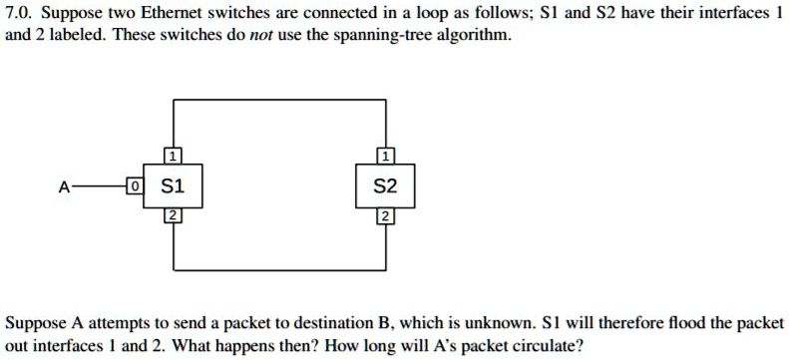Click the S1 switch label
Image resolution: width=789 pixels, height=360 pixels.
coord(173,185)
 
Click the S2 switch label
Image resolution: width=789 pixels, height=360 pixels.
coord(384,185)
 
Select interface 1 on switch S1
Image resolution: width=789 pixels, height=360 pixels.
coord(173,156)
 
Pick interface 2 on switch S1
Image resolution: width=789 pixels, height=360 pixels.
coord(173,216)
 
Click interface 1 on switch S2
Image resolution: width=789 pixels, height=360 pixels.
coord(384,156)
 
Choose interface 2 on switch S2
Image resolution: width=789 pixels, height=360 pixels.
coord(384,216)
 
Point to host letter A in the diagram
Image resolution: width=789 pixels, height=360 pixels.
coord(64,186)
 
